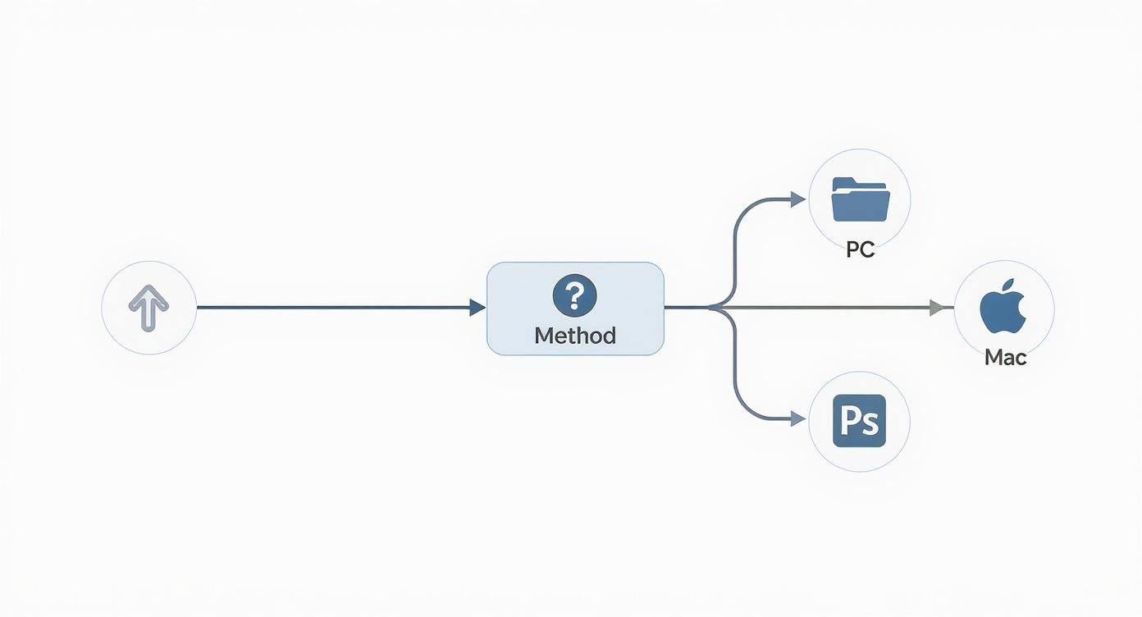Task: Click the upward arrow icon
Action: [148, 308]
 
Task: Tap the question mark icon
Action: [574, 295]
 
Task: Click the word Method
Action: [575, 336]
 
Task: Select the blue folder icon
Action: [861, 199]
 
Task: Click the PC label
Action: [860, 249]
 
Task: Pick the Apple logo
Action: [1003, 306]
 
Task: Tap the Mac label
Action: [1005, 358]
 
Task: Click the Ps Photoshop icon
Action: [859, 421]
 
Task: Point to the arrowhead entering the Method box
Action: [477, 308]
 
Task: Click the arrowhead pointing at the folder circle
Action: [798, 199]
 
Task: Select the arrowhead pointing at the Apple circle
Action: [937, 308]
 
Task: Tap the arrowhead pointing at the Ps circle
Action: [798, 419]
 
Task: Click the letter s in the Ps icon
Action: [870, 424]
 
